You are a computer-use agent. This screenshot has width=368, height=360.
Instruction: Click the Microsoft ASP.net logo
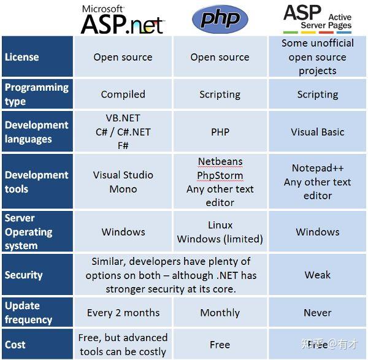click(123, 20)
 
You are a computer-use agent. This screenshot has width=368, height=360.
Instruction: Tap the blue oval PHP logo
click(220, 19)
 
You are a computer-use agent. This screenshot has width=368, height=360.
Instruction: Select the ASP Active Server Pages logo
click(317, 18)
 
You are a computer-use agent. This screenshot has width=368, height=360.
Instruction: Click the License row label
click(22, 57)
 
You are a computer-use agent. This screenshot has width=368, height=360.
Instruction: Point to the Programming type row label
click(36, 94)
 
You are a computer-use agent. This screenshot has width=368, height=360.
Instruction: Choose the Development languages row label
click(36, 132)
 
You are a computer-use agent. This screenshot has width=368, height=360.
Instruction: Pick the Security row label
click(24, 275)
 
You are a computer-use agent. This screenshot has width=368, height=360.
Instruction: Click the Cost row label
click(15, 345)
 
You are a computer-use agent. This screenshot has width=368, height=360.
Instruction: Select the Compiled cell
click(123, 94)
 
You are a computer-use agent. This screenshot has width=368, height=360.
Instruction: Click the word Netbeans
click(220, 162)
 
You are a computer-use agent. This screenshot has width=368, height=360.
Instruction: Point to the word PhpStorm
click(220, 175)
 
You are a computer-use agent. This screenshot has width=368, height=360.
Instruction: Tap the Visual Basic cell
click(317, 132)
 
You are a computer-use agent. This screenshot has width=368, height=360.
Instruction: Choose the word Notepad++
click(317, 168)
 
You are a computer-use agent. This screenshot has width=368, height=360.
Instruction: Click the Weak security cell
click(317, 275)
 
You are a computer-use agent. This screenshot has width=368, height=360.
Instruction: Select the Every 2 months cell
click(123, 313)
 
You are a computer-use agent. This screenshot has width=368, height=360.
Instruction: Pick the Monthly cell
click(220, 313)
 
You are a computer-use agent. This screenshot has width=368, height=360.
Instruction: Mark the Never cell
click(317, 313)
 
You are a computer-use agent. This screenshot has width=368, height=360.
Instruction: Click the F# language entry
click(123, 145)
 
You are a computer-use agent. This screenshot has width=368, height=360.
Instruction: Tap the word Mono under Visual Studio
click(123, 189)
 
